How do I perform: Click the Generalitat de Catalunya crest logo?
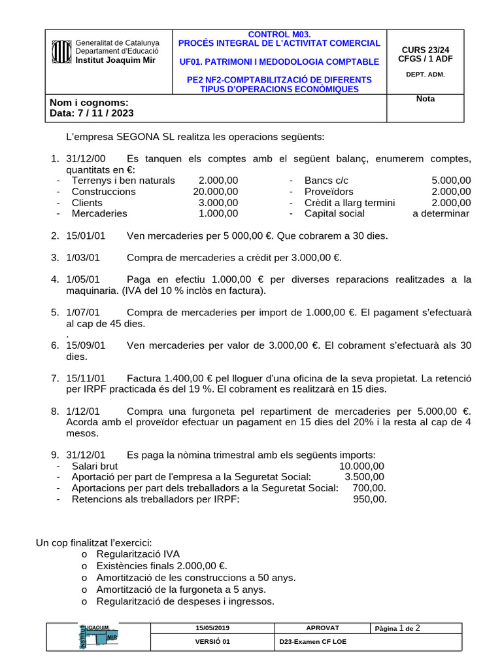click(x=61, y=51)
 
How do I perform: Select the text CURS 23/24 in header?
click(x=426, y=49)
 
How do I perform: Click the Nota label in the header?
click(x=426, y=99)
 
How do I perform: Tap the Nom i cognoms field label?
click(x=89, y=102)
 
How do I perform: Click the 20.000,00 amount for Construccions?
click(x=215, y=191)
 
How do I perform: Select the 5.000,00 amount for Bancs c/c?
click(x=450, y=180)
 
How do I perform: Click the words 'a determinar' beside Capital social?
click(x=441, y=213)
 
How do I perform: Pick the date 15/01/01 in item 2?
click(x=86, y=235)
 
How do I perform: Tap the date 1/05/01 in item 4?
click(x=83, y=279)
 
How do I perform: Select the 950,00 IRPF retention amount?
click(x=369, y=499)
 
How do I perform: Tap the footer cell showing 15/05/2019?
click(x=212, y=628)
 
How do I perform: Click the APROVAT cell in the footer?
click(x=322, y=628)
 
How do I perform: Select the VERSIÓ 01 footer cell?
click(x=212, y=642)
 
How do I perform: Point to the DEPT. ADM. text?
click(x=426, y=74)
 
